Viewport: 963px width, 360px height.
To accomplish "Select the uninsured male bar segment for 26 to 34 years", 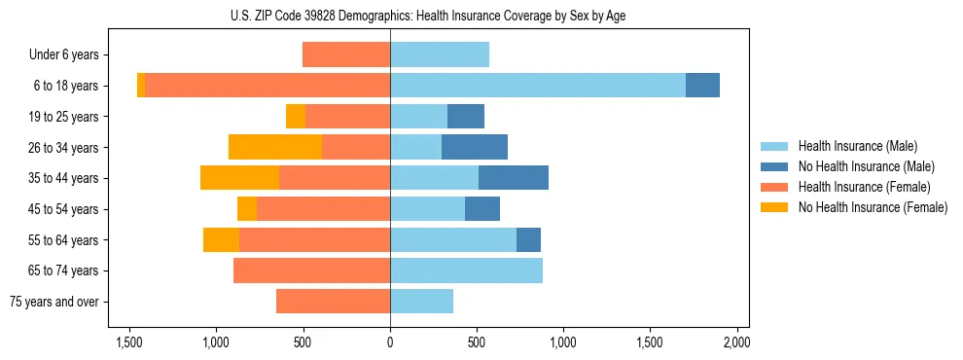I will click(x=475, y=147).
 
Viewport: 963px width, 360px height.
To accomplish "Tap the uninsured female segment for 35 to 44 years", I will click(x=239, y=178).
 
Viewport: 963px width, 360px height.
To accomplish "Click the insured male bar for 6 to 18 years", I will click(x=538, y=86).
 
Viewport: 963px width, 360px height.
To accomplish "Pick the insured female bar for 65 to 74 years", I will click(x=311, y=270).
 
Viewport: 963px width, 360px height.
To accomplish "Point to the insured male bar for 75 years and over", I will click(x=421, y=302).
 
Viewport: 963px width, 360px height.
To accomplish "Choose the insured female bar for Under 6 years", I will click(x=346, y=54).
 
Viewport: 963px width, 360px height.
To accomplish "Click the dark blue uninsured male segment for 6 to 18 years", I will click(x=702, y=86).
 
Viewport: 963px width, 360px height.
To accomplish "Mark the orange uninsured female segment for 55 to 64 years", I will click(x=221, y=239).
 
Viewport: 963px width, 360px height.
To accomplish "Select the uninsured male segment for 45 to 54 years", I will click(x=482, y=209).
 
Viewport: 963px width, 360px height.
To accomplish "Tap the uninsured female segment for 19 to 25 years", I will click(x=296, y=117).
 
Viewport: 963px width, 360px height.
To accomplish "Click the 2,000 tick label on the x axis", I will click(x=736, y=342).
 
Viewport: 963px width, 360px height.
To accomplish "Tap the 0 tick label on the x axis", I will click(x=390, y=342).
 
